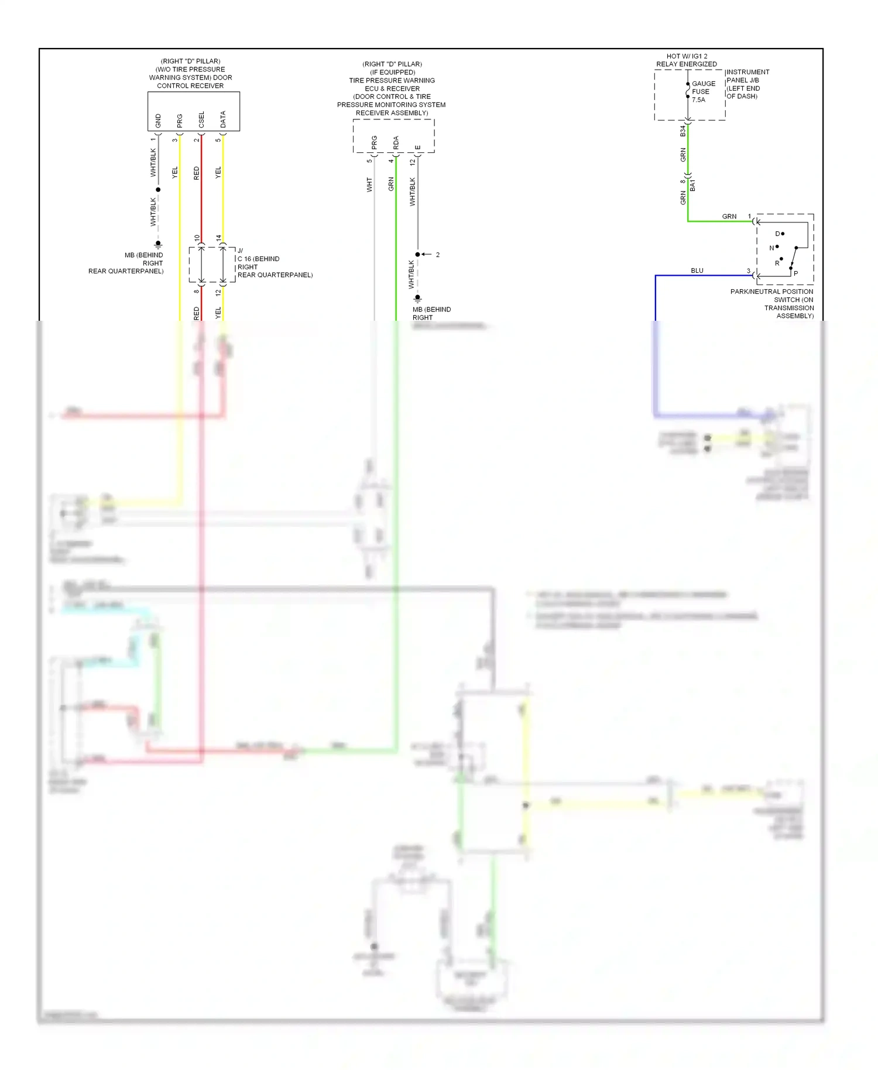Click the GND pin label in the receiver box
coord(158,121)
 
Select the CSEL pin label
coord(201,120)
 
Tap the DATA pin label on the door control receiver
coord(223,120)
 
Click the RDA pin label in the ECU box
coord(396,142)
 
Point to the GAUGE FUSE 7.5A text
coord(703,92)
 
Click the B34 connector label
coord(682,131)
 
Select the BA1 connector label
coord(693,186)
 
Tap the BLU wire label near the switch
coord(697,270)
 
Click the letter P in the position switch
coord(795,273)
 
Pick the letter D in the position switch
coord(777,234)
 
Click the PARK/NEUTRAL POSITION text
coord(771,291)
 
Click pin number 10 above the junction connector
coord(197,238)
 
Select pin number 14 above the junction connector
coord(218,238)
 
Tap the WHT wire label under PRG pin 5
coord(369,185)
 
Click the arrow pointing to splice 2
coord(427,255)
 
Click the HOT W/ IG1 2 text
coord(687,56)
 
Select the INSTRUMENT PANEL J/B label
coord(747,76)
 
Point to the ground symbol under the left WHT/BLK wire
coord(158,244)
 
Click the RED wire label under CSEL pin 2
coord(197,173)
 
